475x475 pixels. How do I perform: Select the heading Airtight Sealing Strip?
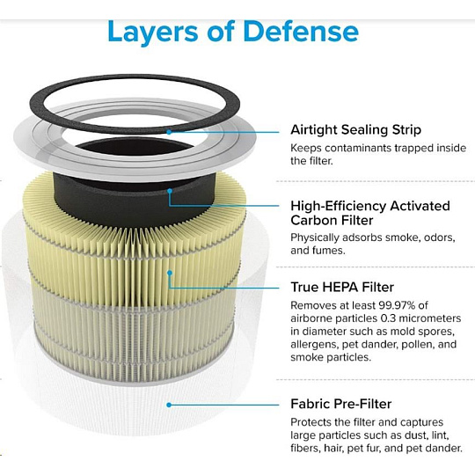pyautogui.click(x=355, y=130)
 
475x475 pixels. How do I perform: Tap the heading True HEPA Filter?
pyautogui.click(x=342, y=287)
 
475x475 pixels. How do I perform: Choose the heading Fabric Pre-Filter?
pyautogui.click(x=340, y=404)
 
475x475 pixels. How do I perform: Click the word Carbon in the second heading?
pyautogui.click(x=332, y=220)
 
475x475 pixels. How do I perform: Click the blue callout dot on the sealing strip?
pyautogui.click(x=169, y=132)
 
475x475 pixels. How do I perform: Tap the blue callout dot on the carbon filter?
pyautogui.click(x=170, y=191)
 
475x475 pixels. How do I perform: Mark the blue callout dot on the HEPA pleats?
pyautogui.click(x=170, y=273)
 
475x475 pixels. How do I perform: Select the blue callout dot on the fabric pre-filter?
pyautogui.click(x=169, y=405)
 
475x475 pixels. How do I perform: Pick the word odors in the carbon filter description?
pyautogui.click(x=439, y=237)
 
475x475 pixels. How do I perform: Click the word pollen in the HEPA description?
pyautogui.click(x=420, y=345)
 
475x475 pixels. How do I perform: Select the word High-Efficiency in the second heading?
pyautogui.click(x=338, y=207)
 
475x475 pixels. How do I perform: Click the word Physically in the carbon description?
pyautogui.click(x=315, y=237)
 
